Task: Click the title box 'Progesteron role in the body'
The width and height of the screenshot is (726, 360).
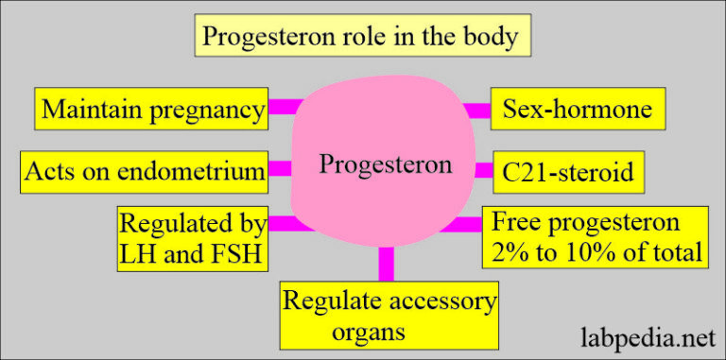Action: [x=363, y=38]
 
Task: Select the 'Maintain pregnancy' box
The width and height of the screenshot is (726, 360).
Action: [x=151, y=110]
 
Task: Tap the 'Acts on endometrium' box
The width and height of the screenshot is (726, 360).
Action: [x=145, y=172]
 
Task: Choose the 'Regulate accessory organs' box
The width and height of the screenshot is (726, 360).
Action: [x=389, y=317]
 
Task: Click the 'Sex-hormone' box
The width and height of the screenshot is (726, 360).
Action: [x=578, y=110]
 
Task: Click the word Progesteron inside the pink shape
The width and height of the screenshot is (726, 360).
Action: [x=386, y=165]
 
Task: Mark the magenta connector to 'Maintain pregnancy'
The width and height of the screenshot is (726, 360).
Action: [x=283, y=108]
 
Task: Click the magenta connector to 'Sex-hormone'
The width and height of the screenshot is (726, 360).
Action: [x=477, y=111]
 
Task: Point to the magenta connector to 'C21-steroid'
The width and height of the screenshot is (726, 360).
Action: [x=481, y=171]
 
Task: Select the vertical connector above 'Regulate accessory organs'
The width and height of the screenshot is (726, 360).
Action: [x=386, y=264]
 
